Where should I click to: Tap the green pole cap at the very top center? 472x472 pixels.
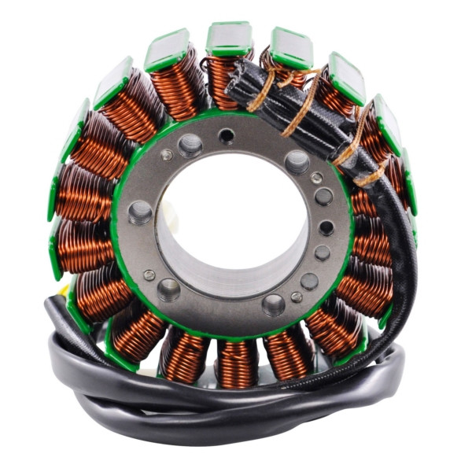(x=229, y=37)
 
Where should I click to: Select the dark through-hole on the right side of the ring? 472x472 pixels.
(x=326, y=227)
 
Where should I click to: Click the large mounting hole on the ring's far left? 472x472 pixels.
(x=140, y=211)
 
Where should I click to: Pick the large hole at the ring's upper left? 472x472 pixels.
(x=190, y=145)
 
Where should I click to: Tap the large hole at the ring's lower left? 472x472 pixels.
(x=168, y=289)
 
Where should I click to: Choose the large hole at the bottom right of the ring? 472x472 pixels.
(x=274, y=304)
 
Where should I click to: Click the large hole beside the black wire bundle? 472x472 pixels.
(x=297, y=161)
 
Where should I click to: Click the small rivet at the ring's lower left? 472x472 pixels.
(x=149, y=275)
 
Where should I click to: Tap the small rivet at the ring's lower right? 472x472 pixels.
(x=296, y=297)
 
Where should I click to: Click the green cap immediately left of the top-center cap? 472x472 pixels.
(x=167, y=50)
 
